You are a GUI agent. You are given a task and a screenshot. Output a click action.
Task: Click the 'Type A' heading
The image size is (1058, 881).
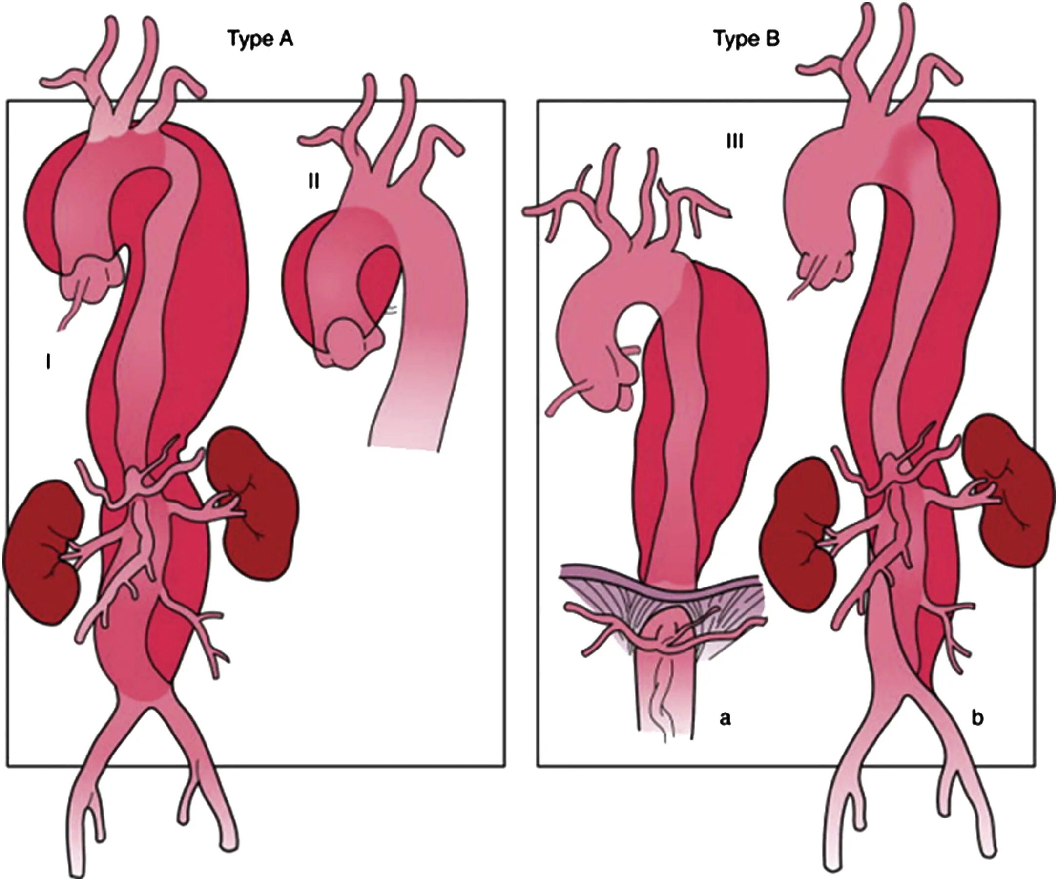pos(260,39)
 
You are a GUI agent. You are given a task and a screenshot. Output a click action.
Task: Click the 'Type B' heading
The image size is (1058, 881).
pos(747,39)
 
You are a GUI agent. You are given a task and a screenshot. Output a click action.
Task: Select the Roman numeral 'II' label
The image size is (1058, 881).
pos(313,182)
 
